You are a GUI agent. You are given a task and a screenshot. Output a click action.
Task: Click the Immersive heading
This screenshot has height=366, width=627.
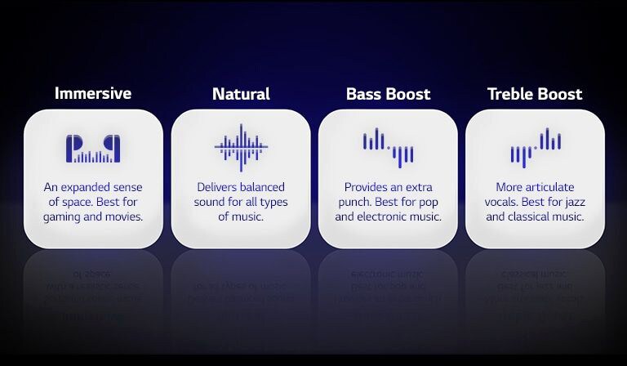93,93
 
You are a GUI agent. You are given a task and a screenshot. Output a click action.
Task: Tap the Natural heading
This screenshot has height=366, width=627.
241,94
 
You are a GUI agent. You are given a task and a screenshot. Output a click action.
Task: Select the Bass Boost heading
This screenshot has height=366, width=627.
388,94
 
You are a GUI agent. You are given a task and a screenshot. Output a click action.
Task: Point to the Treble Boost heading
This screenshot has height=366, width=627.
535,94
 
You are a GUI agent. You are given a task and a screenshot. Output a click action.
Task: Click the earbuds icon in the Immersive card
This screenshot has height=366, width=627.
93,149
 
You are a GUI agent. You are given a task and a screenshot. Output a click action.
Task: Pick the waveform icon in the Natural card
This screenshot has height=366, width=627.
241,148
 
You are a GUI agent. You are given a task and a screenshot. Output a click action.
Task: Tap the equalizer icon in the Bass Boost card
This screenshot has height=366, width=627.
388,148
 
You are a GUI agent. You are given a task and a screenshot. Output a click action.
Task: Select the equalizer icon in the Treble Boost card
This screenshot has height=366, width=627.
536,148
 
